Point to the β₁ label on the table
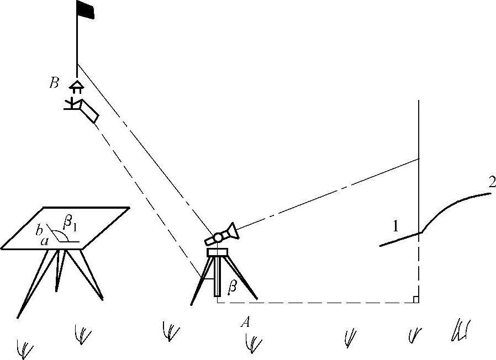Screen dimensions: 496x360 70,224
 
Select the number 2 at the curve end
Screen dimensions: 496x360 491,182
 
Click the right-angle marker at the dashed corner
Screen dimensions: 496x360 415,299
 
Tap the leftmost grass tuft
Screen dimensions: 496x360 25,348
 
